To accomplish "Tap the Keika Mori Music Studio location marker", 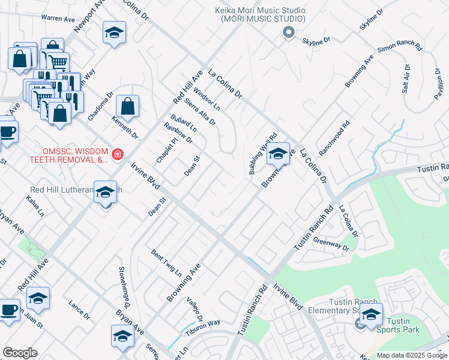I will pyautogui.click(x=289, y=34).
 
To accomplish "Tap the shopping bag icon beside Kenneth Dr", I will pyautogui.click(x=128, y=107).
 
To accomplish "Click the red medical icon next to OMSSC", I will pyautogui.click(x=118, y=155).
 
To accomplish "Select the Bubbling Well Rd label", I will pyautogui.click(x=262, y=154).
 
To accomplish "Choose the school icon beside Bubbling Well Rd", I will pyautogui.click(x=279, y=154).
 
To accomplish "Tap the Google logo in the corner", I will pyautogui.click(x=20, y=353).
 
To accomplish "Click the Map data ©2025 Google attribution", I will pyautogui.click(x=411, y=355).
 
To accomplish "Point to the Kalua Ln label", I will pyautogui.click(x=35, y=207).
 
